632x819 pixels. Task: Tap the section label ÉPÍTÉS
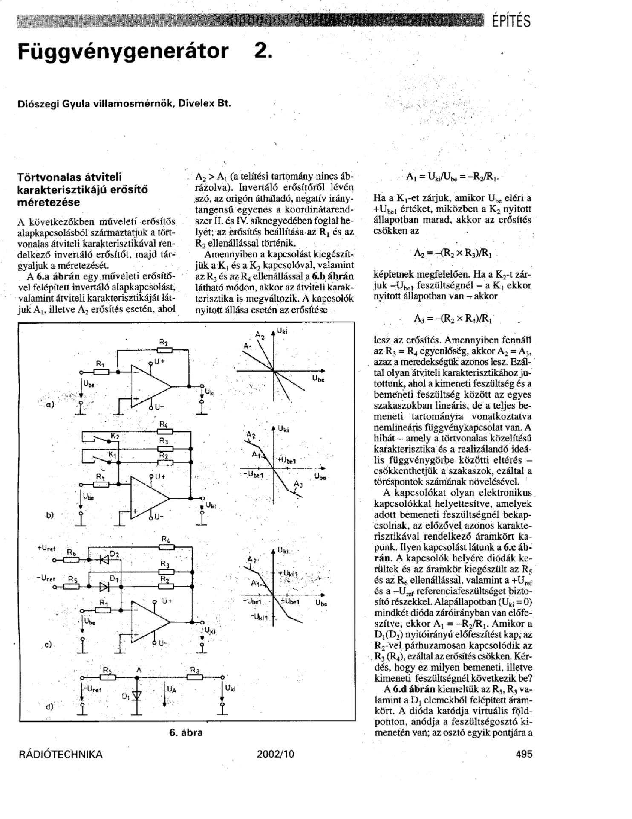click(511, 20)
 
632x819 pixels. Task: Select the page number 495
click(524, 754)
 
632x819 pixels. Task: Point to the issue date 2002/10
click(275, 754)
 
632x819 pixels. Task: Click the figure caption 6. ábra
click(186, 732)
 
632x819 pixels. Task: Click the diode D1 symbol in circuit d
click(136, 694)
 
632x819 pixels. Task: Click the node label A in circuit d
click(139, 670)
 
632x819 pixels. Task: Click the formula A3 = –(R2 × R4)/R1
click(453, 318)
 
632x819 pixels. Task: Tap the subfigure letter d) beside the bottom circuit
click(49, 706)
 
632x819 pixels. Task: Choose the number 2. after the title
click(262, 52)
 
